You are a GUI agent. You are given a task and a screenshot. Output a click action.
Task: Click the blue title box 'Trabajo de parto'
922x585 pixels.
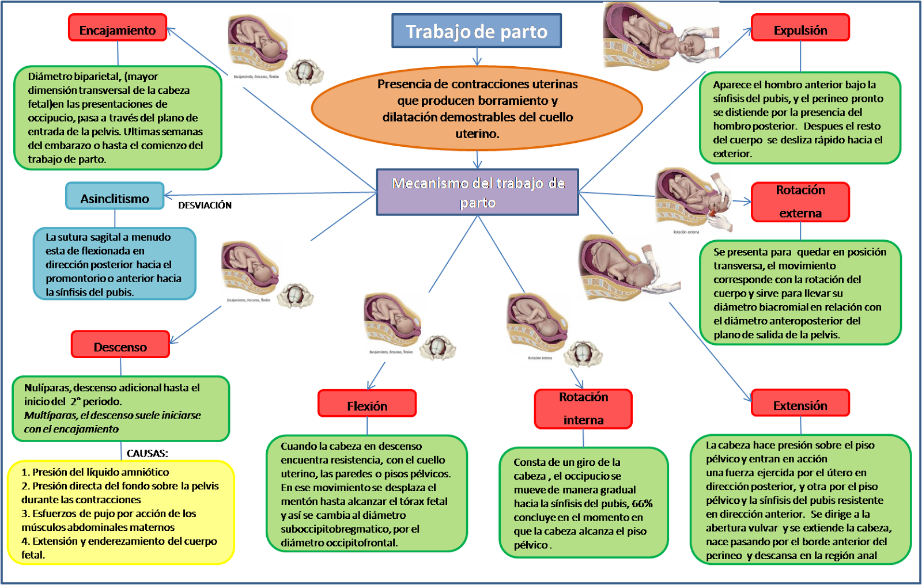pyautogui.click(x=477, y=31)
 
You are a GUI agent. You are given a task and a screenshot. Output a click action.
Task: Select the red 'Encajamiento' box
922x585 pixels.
pyautogui.click(x=118, y=28)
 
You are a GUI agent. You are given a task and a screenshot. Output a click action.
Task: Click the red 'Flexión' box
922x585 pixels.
pyautogui.click(x=367, y=404)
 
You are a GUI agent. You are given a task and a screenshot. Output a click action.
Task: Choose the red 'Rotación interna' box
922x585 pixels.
pyautogui.click(x=583, y=409)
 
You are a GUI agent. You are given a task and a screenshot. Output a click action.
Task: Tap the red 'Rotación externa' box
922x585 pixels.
pyautogui.click(x=800, y=202)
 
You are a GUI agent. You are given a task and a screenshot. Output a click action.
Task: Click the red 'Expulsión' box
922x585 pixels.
pyautogui.click(x=800, y=28)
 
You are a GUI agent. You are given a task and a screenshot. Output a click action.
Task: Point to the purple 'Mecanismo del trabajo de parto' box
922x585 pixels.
pyautogui.click(x=478, y=192)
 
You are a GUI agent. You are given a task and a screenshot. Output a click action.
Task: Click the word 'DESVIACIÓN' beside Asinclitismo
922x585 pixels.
pyautogui.click(x=205, y=206)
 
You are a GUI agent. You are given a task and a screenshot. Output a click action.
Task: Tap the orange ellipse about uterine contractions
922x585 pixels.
pyautogui.click(x=477, y=108)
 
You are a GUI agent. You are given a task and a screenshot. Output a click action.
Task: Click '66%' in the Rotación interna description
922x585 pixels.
pyautogui.click(x=642, y=504)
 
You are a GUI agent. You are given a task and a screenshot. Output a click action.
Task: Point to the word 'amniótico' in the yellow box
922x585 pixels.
pyautogui.click(x=144, y=472)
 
